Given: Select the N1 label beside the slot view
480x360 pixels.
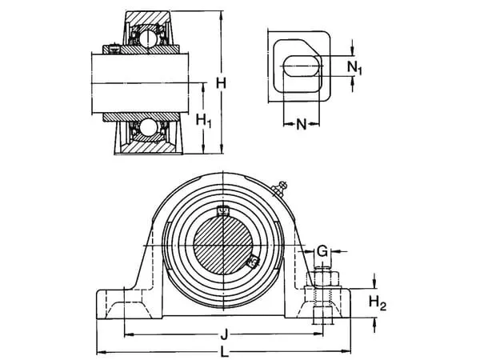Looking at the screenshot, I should click(x=357, y=67).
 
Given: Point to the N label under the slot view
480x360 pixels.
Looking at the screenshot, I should click(x=302, y=124).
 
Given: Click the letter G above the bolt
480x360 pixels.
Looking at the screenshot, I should click(x=322, y=252).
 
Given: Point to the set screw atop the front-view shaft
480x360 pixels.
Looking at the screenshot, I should click(x=223, y=211).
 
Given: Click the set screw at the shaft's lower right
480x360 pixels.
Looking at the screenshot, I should click(x=254, y=260).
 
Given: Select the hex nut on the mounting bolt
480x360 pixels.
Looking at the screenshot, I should click(x=324, y=282).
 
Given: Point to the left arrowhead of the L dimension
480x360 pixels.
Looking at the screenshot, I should click(x=100, y=352).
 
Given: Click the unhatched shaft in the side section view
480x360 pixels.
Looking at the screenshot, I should click(x=145, y=80).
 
